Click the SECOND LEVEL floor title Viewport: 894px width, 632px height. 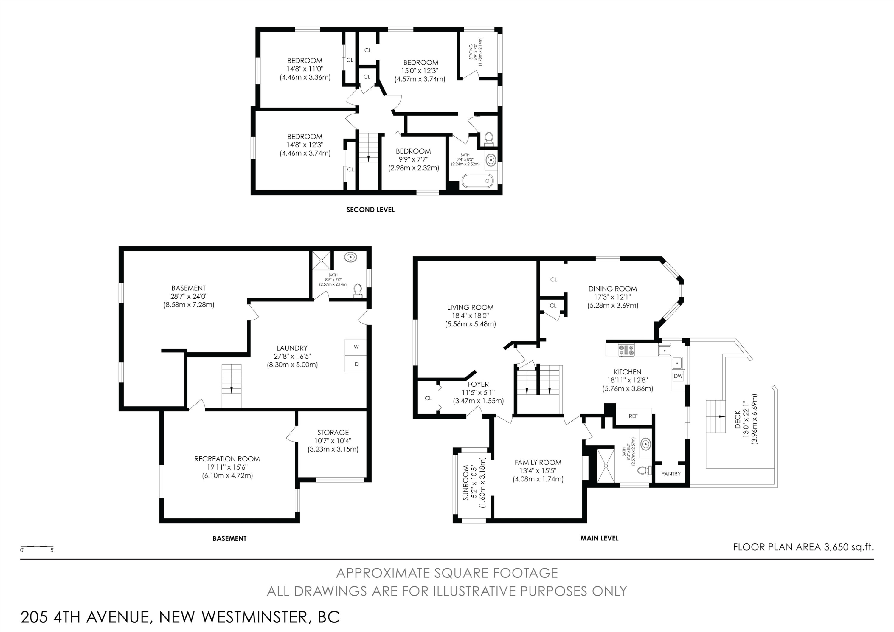coord(370,210)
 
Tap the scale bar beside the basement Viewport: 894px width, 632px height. coord(37,547)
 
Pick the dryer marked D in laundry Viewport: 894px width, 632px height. coord(356,364)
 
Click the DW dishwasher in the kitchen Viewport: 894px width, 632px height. coord(678,376)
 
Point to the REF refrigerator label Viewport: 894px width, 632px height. coord(634,416)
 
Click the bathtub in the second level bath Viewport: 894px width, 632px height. coord(477,181)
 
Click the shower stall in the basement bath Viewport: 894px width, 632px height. coord(321,261)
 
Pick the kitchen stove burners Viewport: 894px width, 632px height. coord(626,350)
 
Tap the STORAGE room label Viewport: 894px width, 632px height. coord(333,433)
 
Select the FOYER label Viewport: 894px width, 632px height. coord(478,384)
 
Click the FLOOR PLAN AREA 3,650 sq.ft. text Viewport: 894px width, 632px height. coord(803,547)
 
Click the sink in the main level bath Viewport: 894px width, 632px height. coord(645,444)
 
